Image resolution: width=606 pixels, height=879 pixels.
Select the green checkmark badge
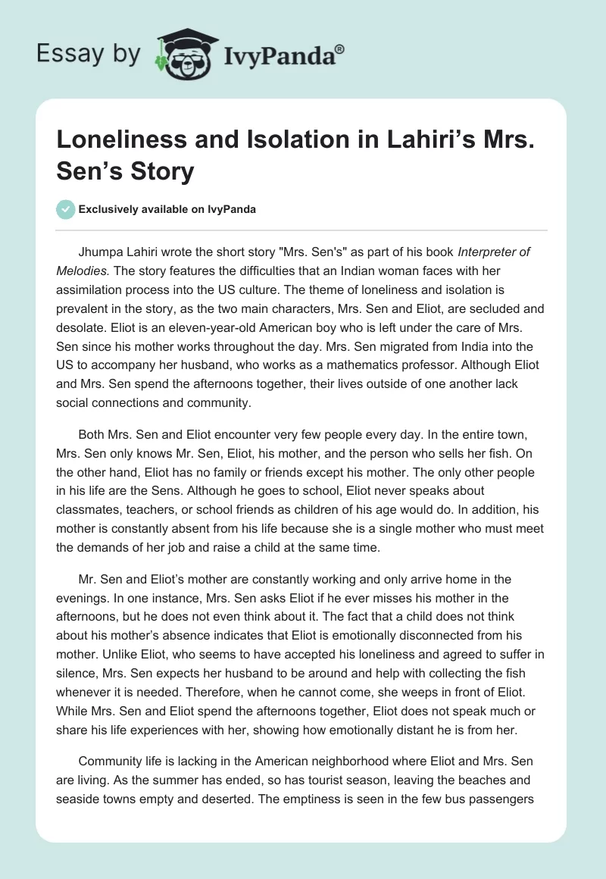coord(66,209)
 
